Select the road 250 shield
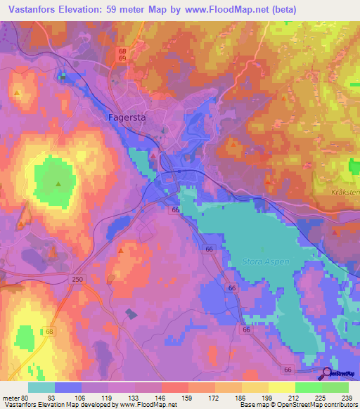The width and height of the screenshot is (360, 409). point(77,279)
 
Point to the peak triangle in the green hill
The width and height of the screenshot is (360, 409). point(58,185)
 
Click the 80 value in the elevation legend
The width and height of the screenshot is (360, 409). point(25,397)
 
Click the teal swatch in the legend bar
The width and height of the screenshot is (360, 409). point(41,387)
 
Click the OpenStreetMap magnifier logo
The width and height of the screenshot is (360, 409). point(328,374)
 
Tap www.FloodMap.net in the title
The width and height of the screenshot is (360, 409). point(222,10)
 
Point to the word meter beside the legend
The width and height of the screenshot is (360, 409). point(10,397)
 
